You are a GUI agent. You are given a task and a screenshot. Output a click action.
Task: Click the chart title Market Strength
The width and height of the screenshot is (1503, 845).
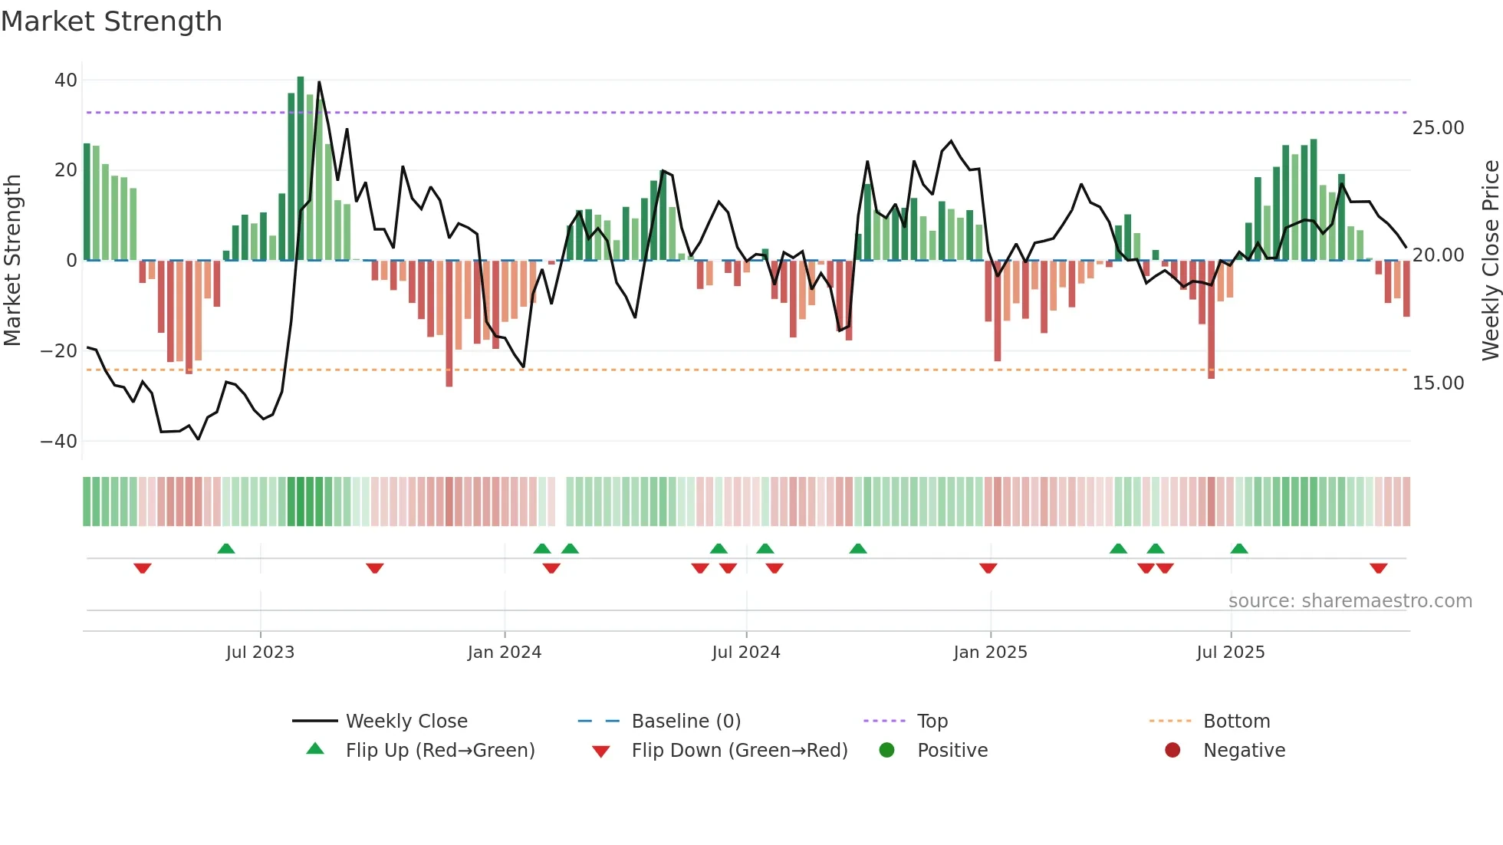tap(111, 21)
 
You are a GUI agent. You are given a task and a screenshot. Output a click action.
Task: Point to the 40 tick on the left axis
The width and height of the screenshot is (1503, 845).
tap(66, 81)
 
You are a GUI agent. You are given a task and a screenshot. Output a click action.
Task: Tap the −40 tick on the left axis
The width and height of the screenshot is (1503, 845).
tap(59, 442)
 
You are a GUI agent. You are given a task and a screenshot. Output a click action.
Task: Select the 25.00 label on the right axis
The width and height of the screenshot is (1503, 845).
tap(1438, 128)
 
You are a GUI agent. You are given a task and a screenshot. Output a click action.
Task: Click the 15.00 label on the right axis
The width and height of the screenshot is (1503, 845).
tap(1438, 383)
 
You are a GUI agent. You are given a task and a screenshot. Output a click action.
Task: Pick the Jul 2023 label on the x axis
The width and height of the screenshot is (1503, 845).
tap(260, 653)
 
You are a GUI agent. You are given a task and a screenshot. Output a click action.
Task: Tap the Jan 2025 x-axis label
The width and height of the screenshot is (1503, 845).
tap(990, 653)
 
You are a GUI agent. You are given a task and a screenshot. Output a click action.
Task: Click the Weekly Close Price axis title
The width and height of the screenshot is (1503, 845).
tap(1490, 261)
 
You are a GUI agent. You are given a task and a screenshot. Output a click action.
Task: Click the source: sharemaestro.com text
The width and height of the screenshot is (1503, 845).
tap(1350, 601)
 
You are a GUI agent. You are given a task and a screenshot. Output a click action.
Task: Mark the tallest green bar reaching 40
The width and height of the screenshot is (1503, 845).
tap(301, 169)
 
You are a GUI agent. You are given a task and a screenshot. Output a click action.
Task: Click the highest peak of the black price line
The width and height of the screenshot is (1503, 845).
tap(319, 83)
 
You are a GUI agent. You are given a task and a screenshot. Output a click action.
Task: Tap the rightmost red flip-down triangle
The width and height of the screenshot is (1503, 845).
tap(1378, 568)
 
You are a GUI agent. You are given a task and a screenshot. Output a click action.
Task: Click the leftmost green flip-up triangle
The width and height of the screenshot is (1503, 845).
tap(226, 548)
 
